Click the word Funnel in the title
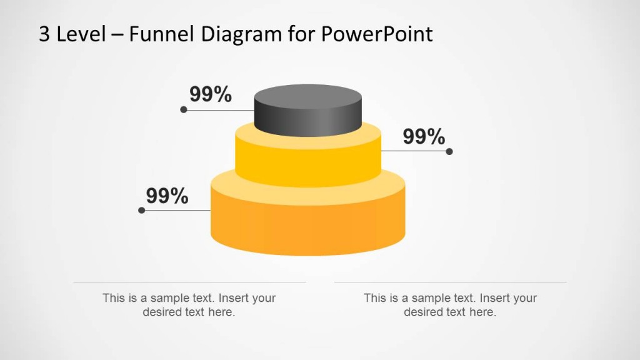pyautogui.click(x=161, y=34)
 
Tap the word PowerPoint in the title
pyautogui.click(x=377, y=34)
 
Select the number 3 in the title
pyautogui.click(x=44, y=34)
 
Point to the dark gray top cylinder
pyautogui.click(x=308, y=112)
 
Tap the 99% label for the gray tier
pyautogui.click(x=211, y=94)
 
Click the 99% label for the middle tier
pyautogui.click(x=424, y=136)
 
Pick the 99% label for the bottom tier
pyautogui.click(x=167, y=196)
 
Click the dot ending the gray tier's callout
pyautogui.click(x=183, y=109)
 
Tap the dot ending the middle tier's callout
pyautogui.click(x=449, y=151)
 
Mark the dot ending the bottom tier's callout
pyautogui.click(x=141, y=211)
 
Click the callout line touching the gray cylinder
pyautogui.click(x=219, y=110)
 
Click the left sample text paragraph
pyautogui.click(x=189, y=305)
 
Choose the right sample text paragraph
pyautogui.click(x=450, y=305)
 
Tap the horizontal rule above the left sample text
pyautogui.click(x=189, y=282)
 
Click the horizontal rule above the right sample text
pyautogui.click(x=450, y=282)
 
